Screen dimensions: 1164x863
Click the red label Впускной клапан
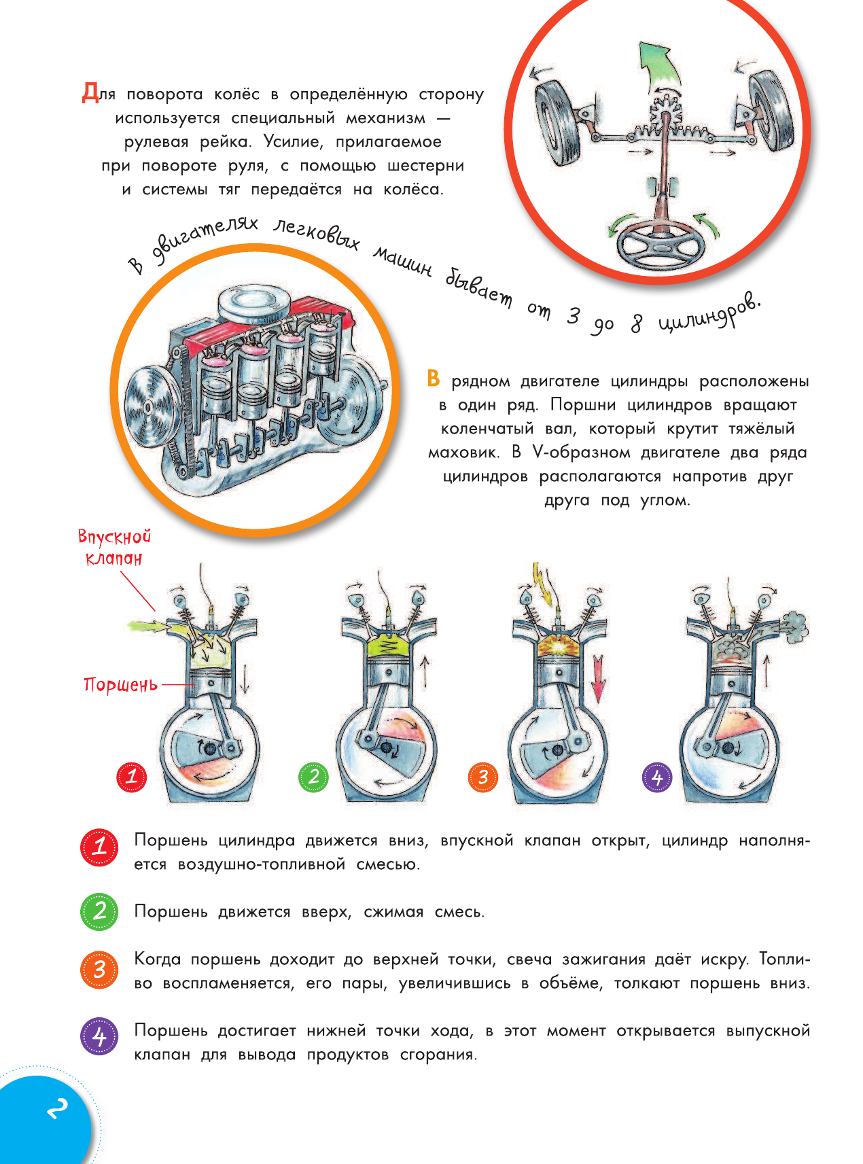coord(114,548)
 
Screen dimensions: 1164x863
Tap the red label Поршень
coord(120,684)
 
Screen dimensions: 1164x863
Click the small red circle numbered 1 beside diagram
coord(132,777)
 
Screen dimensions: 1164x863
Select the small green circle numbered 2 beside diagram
coord(313,777)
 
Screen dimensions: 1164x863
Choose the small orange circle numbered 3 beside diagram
coord(483,777)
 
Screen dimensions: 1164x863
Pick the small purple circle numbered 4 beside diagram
coord(656,777)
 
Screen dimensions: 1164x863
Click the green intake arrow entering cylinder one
coord(145,625)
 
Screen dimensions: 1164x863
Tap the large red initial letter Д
coord(90,92)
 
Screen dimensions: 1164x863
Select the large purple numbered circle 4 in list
coord(100,1036)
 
